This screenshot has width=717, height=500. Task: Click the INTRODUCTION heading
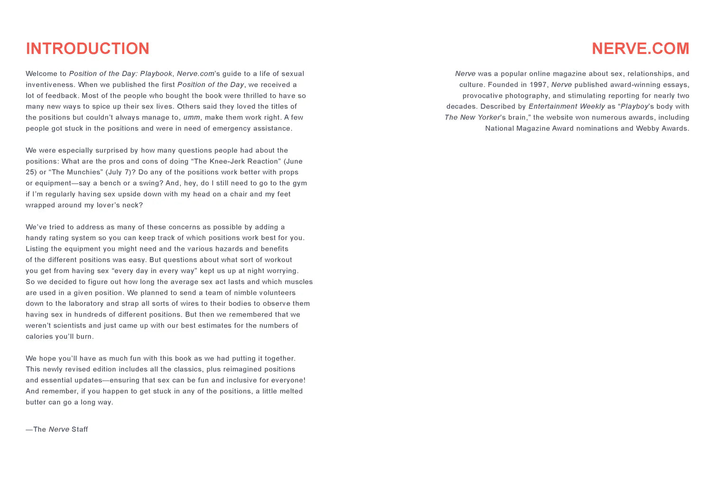(88, 48)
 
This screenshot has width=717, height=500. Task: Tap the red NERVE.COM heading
(640, 48)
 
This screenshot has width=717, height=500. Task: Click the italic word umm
(192, 118)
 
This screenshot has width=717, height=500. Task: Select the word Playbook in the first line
(156, 74)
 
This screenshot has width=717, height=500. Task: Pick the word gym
(300, 183)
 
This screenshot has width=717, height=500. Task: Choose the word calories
(39, 336)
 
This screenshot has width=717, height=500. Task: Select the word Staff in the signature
(80, 429)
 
